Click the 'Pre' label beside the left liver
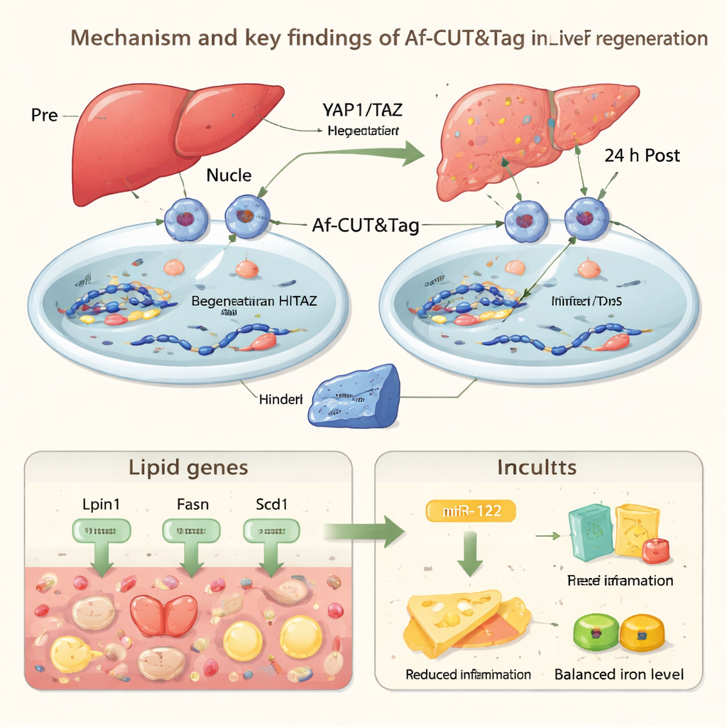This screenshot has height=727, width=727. (x=44, y=115)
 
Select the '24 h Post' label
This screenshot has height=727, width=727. (x=641, y=155)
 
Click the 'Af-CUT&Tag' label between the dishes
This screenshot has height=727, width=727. (x=366, y=226)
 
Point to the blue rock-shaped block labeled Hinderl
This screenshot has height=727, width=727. (x=354, y=395)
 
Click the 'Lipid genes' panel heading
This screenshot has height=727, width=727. (x=188, y=468)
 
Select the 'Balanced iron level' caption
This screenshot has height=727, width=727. (x=619, y=674)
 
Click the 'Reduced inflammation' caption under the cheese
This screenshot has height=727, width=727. (x=468, y=674)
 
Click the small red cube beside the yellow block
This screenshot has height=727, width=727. (x=655, y=550)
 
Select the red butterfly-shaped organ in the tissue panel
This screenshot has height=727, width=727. (x=164, y=614)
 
